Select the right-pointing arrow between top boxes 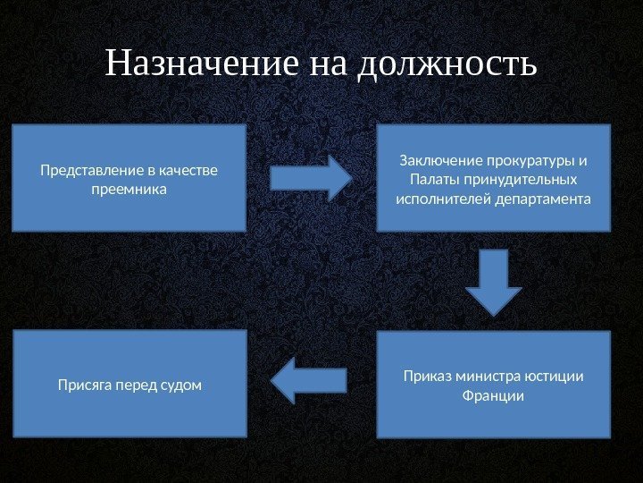[311, 177]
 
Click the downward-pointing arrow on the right [494, 282]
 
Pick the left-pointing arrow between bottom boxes [307, 380]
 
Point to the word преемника [129, 190]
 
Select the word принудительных [520, 180]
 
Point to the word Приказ [426, 376]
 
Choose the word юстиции [557, 376]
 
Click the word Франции [493, 394]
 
